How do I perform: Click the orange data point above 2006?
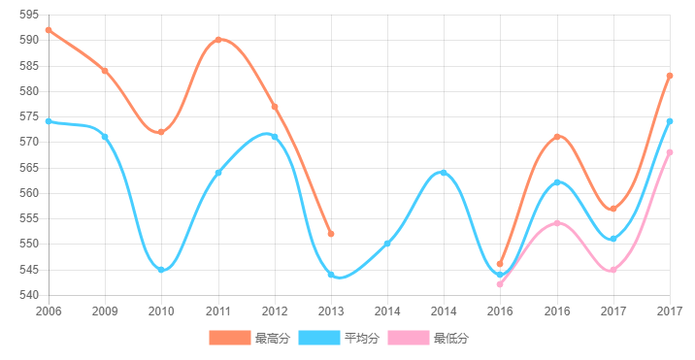click(x=49, y=30)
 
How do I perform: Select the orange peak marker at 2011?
click(x=218, y=40)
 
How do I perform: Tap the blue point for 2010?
click(x=161, y=270)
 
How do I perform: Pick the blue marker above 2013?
click(x=331, y=275)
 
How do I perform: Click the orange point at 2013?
click(x=331, y=234)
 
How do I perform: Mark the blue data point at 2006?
click(x=49, y=121)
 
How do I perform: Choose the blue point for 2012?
click(x=275, y=137)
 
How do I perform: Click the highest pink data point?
click(x=670, y=152)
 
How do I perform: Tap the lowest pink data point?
click(x=500, y=284)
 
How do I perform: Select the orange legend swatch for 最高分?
click(x=229, y=338)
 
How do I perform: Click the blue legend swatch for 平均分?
click(x=318, y=338)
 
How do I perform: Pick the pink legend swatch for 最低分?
click(x=408, y=338)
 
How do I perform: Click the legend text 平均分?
click(x=362, y=339)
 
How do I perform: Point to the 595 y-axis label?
click(x=29, y=15)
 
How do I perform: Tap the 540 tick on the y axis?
click(x=29, y=295)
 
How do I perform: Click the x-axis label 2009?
click(x=105, y=311)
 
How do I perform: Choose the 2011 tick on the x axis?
click(x=218, y=311)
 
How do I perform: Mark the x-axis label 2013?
click(x=331, y=311)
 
